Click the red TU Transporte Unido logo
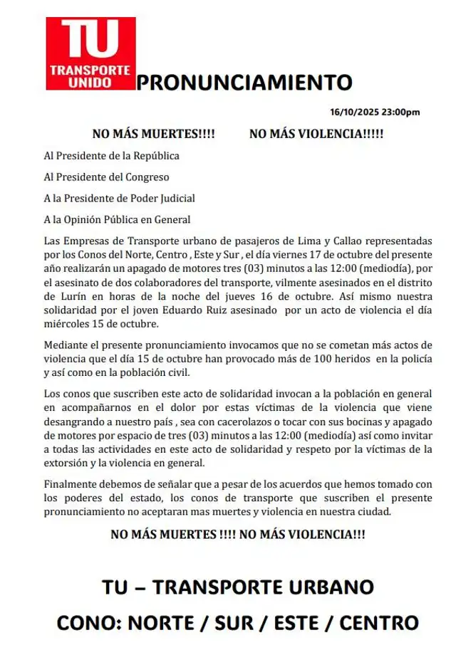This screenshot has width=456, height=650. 90,54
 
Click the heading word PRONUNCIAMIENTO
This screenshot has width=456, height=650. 244,83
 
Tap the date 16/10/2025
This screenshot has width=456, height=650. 354,112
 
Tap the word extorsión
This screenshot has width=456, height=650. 68,463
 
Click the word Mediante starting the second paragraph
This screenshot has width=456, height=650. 68,345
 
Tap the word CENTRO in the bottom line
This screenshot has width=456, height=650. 378,623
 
